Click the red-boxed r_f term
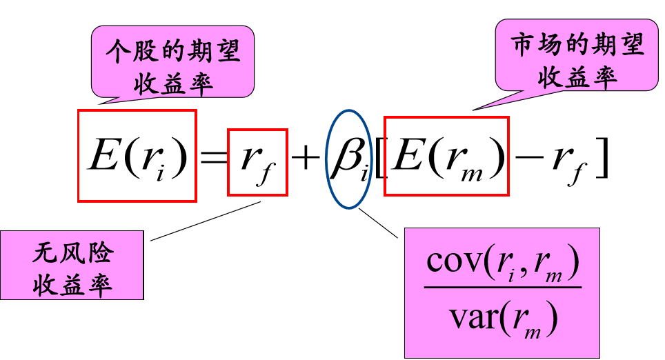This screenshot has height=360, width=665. point(257,162)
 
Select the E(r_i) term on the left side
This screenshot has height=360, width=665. point(137,157)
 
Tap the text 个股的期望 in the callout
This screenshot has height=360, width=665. point(172,50)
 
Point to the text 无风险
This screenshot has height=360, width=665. point(72,253)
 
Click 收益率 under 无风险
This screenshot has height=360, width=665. point(72,283)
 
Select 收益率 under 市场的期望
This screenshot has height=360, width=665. point(577,77)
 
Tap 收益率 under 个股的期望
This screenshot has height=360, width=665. point(172,82)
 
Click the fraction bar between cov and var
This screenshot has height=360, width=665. point(502,288)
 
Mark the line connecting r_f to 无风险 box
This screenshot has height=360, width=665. point(204,221)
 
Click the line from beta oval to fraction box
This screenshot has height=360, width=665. point(378,223)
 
